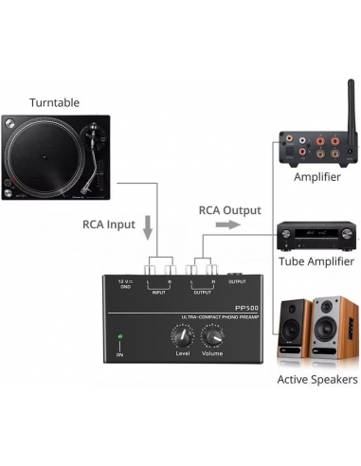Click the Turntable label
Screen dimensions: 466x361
coord(54,102)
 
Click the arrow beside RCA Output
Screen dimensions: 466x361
coord(226,225)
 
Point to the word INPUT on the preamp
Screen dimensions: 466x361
coord(159,291)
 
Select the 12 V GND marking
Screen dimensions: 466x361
coord(124,284)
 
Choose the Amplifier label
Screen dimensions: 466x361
coord(317,177)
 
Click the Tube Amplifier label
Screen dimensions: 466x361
coord(316,261)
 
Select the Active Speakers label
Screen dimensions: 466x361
coord(316,380)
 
